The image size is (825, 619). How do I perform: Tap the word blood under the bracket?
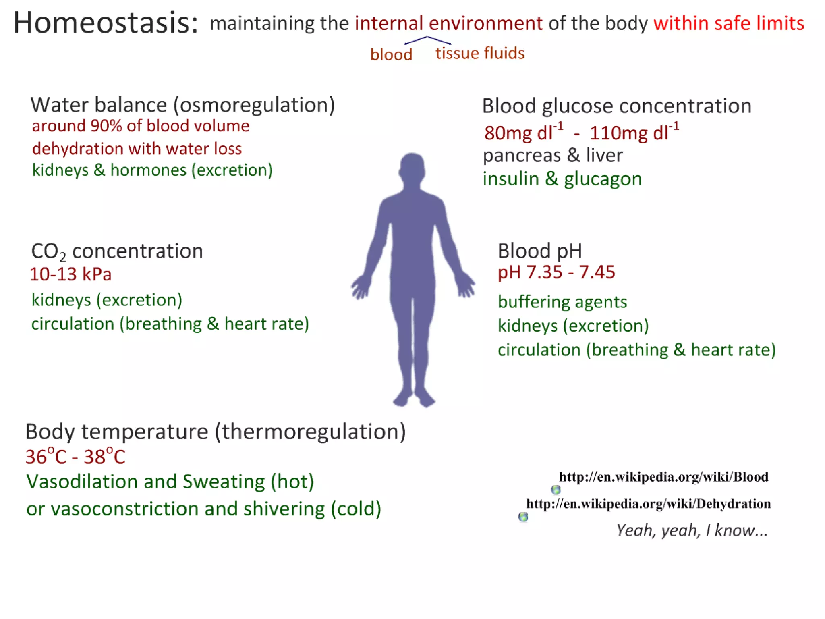coord(391,54)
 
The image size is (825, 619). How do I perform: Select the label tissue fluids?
coord(480,53)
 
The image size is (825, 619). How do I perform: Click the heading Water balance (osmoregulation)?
coord(182,105)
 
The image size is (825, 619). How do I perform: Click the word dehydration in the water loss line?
coord(77,149)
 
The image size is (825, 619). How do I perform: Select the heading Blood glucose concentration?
coord(616,106)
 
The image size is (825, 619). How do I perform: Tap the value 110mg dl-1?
coord(633,133)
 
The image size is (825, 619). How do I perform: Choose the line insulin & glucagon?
coord(562,179)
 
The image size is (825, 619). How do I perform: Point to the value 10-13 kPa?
coord(70,274)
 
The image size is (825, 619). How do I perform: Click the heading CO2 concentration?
coord(117,251)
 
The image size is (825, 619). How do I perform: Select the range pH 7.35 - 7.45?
coord(556,272)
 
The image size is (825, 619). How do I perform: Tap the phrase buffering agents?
coord(562,302)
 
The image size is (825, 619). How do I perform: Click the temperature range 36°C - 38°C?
coord(75,457)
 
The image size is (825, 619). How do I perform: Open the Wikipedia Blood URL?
coord(663,477)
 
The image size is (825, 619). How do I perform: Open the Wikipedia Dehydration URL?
coord(648,504)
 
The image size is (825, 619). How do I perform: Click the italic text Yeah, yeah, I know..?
coord(692,530)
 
